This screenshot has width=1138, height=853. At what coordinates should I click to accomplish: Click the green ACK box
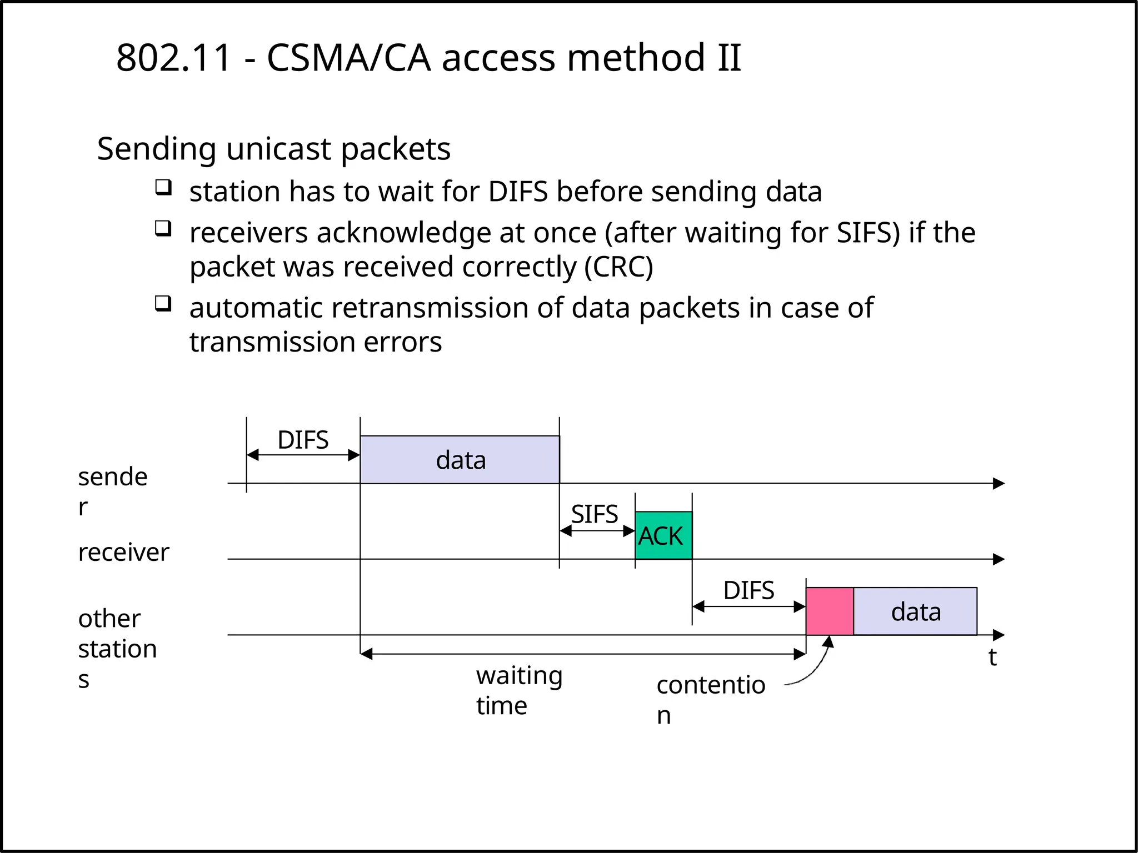(x=663, y=535)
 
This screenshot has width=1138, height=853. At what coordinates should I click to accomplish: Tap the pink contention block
(x=829, y=611)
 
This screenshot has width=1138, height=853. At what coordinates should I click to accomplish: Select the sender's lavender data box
(x=460, y=460)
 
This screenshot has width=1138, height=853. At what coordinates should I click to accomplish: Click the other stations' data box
(x=915, y=611)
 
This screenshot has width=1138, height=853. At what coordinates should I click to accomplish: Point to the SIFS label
(x=594, y=514)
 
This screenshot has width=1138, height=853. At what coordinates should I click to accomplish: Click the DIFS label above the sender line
(x=303, y=440)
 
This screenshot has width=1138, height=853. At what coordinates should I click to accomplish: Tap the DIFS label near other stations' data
(x=748, y=590)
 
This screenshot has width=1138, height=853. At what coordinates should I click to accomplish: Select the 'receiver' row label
(x=123, y=553)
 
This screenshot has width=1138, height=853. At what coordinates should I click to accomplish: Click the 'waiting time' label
(x=518, y=690)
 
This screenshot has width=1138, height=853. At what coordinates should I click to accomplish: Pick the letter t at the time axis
(x=992, y=657)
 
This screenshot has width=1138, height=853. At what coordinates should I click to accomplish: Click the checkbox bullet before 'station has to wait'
(x=163, y=187)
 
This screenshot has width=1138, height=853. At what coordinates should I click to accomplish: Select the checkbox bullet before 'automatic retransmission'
(x=163, y=303)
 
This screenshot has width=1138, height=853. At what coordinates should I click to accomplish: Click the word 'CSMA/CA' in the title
(x=348, y=58)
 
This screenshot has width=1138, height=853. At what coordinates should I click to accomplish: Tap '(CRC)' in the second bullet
(x=618, y=267)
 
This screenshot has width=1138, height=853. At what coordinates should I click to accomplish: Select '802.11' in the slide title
(x=173, y=58)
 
